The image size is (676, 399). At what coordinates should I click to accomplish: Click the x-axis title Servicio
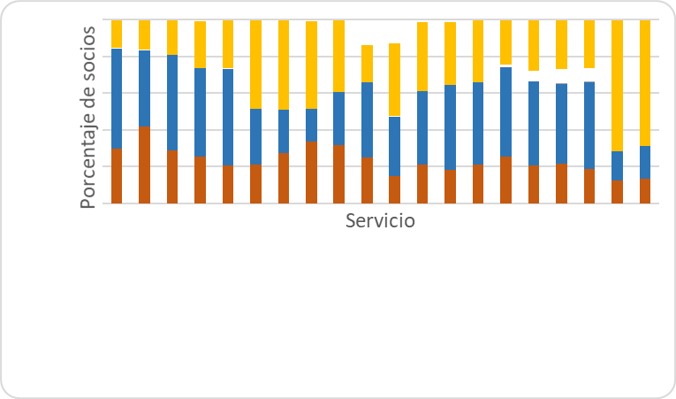380,220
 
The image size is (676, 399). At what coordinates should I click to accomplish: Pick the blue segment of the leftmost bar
116,97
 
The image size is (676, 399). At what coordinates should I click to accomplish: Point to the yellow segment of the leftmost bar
116,34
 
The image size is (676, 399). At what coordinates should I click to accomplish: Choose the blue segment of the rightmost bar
644,161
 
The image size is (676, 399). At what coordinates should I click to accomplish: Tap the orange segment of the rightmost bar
644,190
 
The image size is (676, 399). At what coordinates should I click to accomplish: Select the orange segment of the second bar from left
144,165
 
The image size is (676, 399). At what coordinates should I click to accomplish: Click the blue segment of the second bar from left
144,88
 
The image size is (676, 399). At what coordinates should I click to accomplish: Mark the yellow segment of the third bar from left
171,37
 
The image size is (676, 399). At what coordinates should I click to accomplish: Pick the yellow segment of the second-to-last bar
617,85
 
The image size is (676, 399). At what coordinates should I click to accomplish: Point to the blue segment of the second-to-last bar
617,165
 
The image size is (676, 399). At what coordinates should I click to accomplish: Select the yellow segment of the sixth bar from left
255,64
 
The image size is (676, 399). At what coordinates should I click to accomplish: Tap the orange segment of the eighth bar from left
311,172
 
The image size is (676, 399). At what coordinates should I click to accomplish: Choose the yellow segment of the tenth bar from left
367,63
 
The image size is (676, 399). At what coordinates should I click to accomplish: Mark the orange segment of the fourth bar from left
200,180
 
